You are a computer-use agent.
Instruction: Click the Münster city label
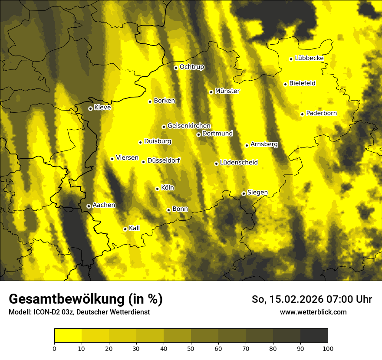coord(227,91)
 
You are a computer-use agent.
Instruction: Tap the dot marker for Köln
coord(157,189)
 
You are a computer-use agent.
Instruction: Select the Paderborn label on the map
coord(321,113)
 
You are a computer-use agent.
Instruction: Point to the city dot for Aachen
coord(89,206)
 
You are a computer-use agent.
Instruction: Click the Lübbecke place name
coord(309,58)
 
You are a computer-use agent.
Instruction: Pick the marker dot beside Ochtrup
coord(176,68)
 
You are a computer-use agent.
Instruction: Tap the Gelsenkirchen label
coord(189,126)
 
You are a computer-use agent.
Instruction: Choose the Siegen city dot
coord(244,193)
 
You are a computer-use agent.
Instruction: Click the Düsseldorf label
coord(164,160)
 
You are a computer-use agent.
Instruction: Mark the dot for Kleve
coord(90,108)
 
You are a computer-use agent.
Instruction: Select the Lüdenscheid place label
coord(239,163)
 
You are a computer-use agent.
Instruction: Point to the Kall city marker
coord(125,229)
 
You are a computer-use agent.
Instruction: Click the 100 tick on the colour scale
coord(328,348)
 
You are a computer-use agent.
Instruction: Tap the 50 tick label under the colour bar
coord(191,348)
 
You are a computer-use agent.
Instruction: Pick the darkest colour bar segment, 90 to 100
coord(314,335)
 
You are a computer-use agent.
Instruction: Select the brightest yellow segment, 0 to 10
coord(68,335)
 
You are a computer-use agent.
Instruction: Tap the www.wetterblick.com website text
coord(313,312)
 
